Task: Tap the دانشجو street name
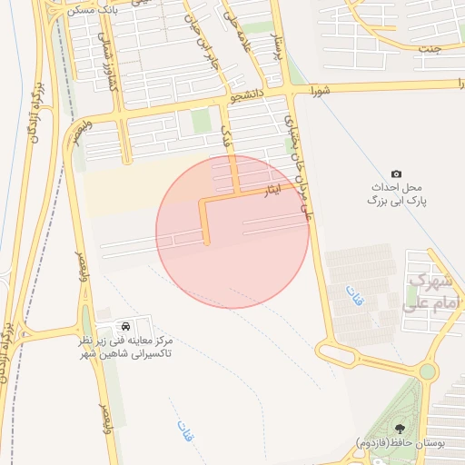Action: coord(251,94)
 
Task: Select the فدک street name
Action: coord(227,137)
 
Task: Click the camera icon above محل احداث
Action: coord(396,173)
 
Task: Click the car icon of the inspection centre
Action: coord(124,325)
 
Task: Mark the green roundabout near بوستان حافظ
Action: coord(428,371)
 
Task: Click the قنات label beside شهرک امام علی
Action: coord(350,295)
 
